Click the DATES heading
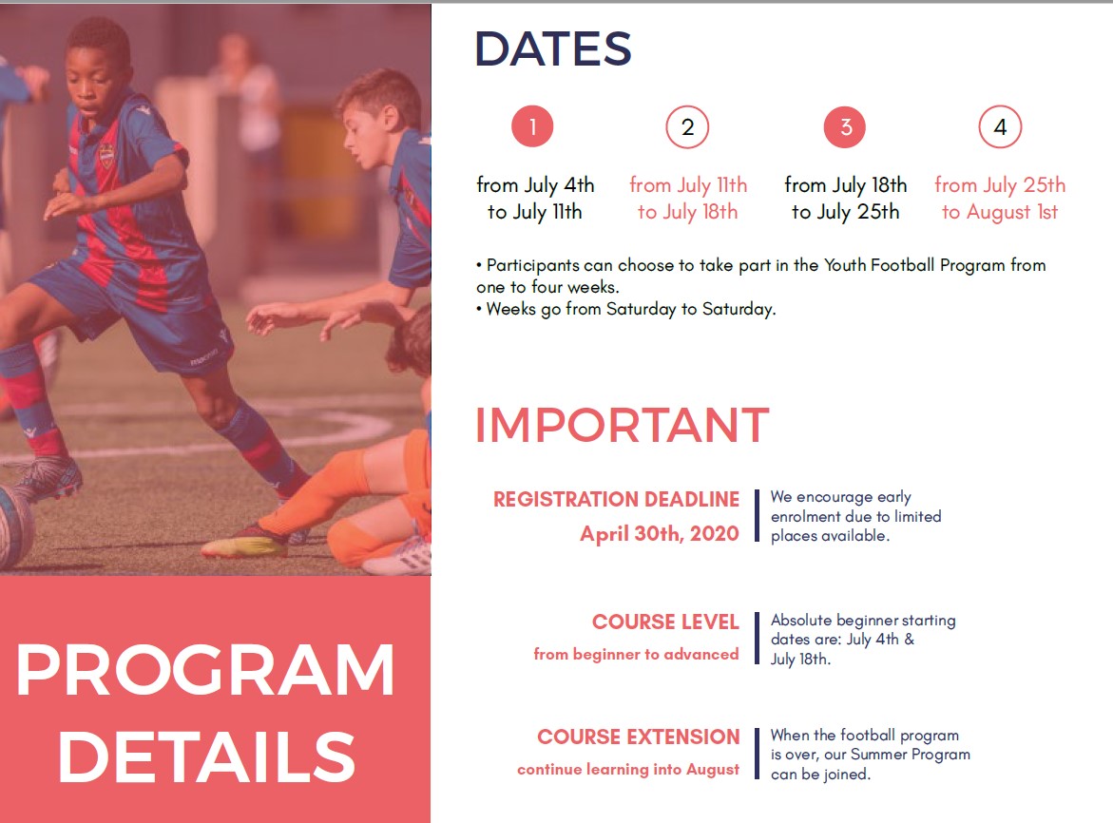pyautogui.click(x=553, y=49)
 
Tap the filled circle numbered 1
pyautogui.click(x=532, y=126)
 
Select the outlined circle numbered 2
pyautogui.click(x=687, y=127)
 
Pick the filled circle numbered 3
pyautogui.click(x=845, y=127)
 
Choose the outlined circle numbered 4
pyautogui.click(x=1000, y=127)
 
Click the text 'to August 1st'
pyautogui.click(x=1000, y=211)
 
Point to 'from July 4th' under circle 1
pyautogui.click(x=535, y=185)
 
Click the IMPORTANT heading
pyautogui.click(x=622, y=425)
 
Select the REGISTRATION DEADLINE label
pyautogui.click(x=616, y=500)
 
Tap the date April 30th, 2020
pyautogui.click(x=660, y=533)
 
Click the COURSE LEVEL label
pyautogui.click(x=665, y=622)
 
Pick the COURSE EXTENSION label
pyautogui.click(x=638, y=737)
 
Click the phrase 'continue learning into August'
pyautogui.click(x=628, y=770)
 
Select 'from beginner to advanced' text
pyautogui.click(x=636, y=654)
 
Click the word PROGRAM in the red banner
pyautogui.click(x=204, y=670)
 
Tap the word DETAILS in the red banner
pyautogui.click(x=206, y=756)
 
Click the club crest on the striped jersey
pyautogui.click(x=106, y=155)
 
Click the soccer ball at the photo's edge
pyautogui.click(x=14, y=526)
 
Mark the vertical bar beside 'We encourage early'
pyautogui.click(x=757, y=516)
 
